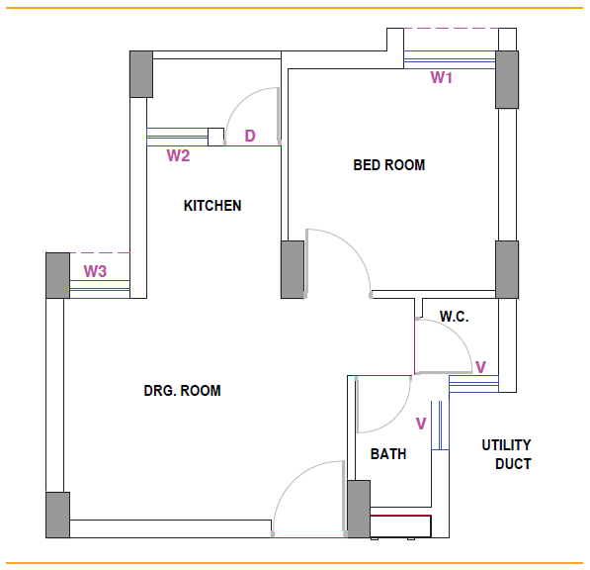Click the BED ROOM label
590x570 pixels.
coord(389,165)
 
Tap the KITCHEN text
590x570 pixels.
coord(212,206)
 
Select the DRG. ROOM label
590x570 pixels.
coord(182,391)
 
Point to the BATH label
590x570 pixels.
coord(388,454)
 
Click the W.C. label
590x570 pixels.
coord(455,317)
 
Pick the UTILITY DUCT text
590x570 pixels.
coord(506,454)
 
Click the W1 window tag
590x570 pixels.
coord(442,77)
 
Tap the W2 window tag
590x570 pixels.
coord(178,155)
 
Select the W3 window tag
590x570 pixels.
coord(95,271)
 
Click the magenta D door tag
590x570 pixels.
coord(250,136)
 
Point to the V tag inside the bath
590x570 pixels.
coord(421,424)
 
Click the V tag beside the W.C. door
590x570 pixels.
coord(481,367)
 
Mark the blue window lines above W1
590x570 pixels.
coord(450,60)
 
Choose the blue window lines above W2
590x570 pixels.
coord(177,138)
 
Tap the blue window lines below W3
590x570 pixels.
coord(100,289)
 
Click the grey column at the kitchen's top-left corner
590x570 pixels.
coord(141,74)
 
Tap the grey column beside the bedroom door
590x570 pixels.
coord(293,270)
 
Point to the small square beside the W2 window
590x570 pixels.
coord(216,138)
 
